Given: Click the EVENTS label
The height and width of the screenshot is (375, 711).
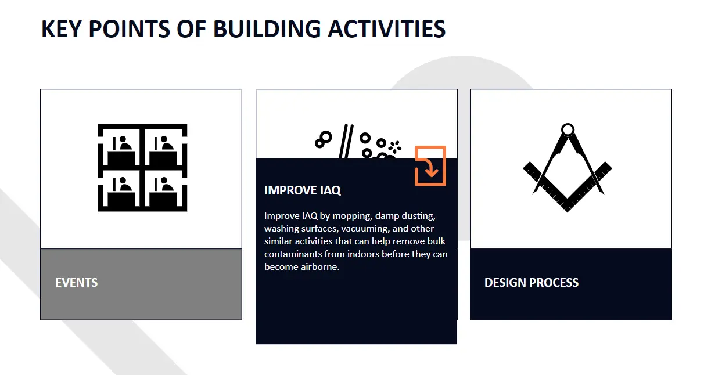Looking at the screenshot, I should pyautogui.click(x=76, y=283).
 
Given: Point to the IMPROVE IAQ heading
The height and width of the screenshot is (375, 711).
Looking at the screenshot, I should pyautogui.click(x=302, y=190).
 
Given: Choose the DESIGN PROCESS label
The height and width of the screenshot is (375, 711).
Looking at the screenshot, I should pyautogui.click(x=532, y=283).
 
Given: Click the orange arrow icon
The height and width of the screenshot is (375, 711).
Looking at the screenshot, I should pyautogui.click(x=430, y=166).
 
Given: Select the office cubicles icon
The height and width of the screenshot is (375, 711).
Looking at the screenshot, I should pyautogui.click(x=142, y=167).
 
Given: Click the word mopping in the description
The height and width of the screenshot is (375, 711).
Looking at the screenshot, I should pyautogui.click(x=351, y=216).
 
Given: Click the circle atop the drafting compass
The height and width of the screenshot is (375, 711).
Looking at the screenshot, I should pyautogui.click(x=568, y=129).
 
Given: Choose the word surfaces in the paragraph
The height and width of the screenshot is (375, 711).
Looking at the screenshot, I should pyautogui.click(x=318, y=229).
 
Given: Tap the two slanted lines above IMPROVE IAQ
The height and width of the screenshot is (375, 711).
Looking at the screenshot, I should pyautogui.click(x=346, y=141).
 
